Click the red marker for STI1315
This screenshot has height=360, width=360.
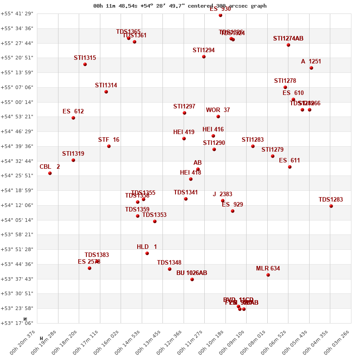[x=85, y=64]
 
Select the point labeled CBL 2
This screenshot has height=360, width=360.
[x=50, y=173]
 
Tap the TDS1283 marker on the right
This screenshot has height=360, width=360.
[x=331, y=206]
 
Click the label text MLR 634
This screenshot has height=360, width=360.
[x=268, y=269]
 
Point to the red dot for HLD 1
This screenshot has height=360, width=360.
[x=147, y=253]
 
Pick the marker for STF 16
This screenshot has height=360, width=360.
[x=109, y=146]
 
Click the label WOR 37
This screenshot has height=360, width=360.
[x=218, y=110]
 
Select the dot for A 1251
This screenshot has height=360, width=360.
[x=311, y=68]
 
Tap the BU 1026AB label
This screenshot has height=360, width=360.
[x=192, y=273]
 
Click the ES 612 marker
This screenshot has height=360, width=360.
[x=73, y=118]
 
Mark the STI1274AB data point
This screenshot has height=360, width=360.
[x=288, y=45]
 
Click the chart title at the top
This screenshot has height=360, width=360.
[x=180, y=6]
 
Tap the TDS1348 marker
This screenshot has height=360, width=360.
[x=170, y=269]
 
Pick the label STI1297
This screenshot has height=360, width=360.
[x=184, y=107]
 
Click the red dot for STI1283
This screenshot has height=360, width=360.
[x=253, y=146]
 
